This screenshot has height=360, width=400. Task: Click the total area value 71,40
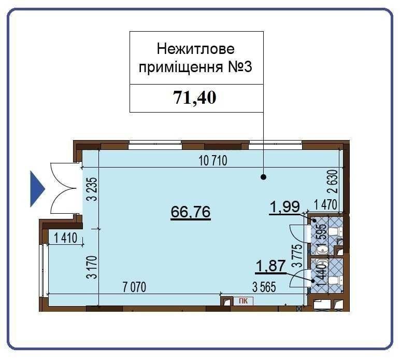point(195,98)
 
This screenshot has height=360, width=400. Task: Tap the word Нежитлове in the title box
point(195,49)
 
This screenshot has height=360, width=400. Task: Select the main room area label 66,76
point(191,212)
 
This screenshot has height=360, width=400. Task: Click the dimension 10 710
point(213,161)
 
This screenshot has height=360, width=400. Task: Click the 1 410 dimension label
point(66,238)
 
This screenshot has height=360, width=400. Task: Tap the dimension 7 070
point(134,287)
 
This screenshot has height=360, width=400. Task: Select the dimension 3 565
point(264,287)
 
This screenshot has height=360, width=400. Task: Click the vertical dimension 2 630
point(333,181)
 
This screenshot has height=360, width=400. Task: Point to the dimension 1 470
point(325,204)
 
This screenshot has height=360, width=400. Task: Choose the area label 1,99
point(284,207)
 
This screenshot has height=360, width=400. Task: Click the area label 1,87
point(270,266)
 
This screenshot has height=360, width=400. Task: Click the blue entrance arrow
point(38,189)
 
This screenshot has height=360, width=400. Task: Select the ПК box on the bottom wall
point(244,301)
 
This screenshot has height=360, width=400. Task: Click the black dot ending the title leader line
point(264,177)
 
